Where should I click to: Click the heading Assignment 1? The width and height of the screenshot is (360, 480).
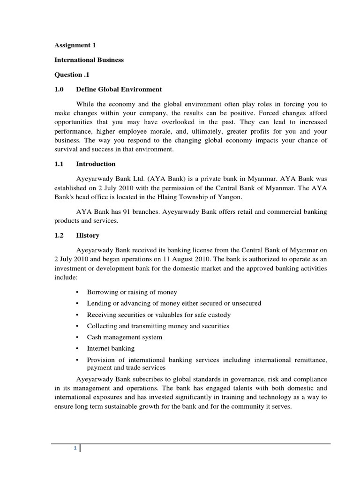[75, 46]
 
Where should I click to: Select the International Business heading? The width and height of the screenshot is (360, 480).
[89, 60]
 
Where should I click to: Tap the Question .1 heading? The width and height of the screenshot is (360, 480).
[72, 75]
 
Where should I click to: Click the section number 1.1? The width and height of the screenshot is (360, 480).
[59, 164]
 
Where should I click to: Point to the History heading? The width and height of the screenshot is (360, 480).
[88, 235]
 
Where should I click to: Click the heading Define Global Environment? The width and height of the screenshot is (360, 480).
[119, 89]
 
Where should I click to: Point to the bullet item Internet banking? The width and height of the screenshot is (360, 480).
[111, 348]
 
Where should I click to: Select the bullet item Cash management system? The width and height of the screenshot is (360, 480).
[124, 337]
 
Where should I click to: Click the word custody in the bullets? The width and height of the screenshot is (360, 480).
[219, 315]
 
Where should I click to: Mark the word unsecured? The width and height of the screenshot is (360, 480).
[245, 303]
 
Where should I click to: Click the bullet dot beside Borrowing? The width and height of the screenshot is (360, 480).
[77, 292]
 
